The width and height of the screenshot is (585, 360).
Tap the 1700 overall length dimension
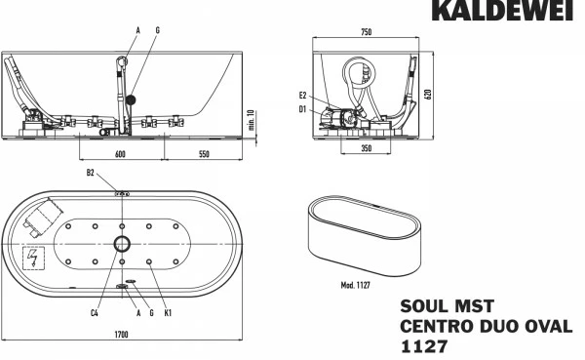122,335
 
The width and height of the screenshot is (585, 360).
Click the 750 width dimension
366,33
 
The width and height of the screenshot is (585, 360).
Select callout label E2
304,96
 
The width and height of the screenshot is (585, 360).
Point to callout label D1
304,109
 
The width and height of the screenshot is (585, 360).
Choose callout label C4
94,314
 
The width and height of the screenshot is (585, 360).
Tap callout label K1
169,314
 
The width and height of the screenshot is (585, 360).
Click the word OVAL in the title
549,327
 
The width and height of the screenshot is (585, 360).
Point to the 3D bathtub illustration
363,237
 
